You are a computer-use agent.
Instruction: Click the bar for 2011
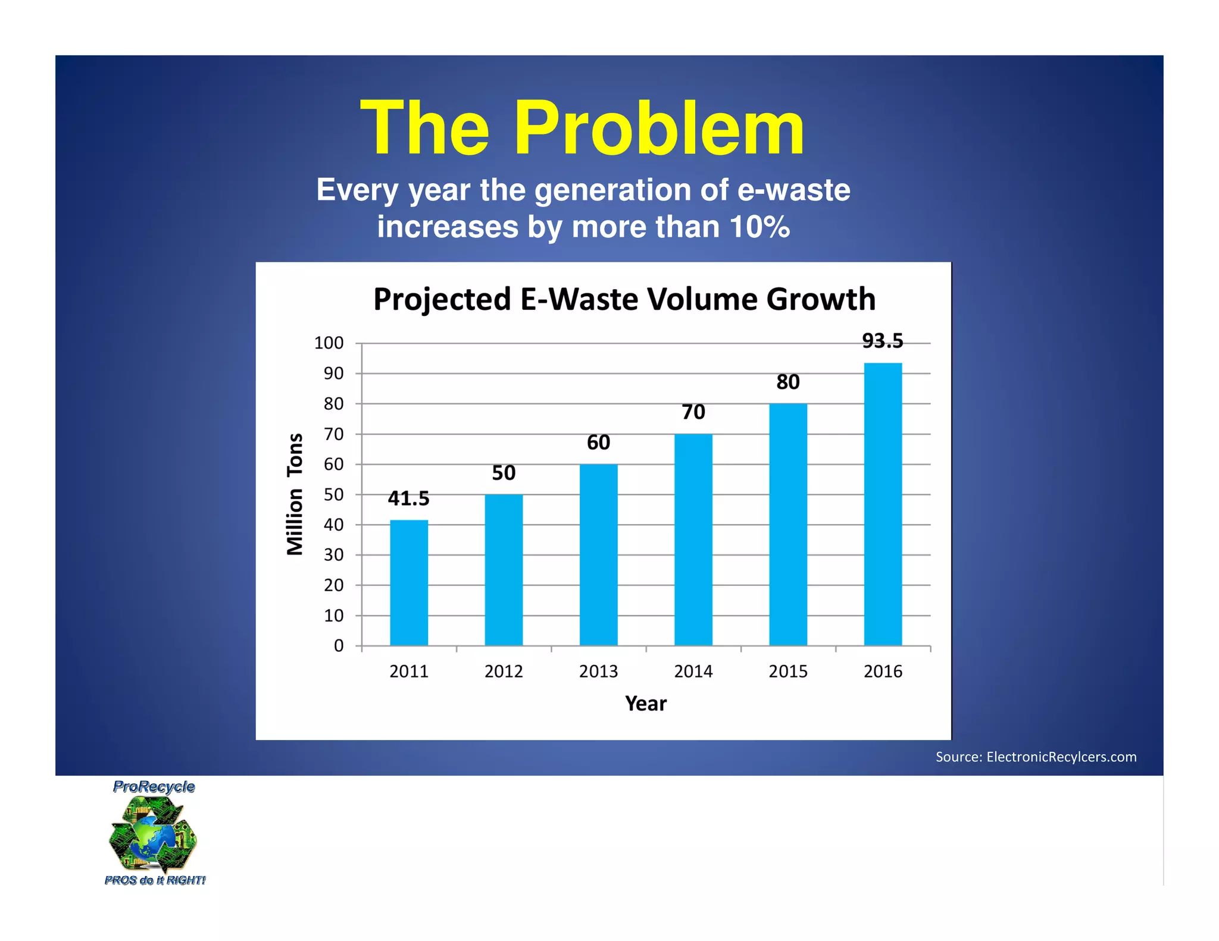tap(409, 582)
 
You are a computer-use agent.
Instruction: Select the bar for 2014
tap(693, 539)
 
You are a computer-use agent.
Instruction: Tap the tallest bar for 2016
tap(883, 504)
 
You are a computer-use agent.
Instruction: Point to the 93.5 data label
tap(883, 341)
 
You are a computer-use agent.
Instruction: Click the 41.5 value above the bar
tap(408, 498)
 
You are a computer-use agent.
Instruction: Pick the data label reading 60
tap(598, 443)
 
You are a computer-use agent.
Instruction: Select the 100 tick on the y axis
tap(329, 343)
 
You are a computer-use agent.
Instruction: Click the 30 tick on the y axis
tap(333, 555)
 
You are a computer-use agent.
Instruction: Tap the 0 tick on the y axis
tap(338, 646)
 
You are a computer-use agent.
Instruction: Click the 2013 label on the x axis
tap(598, 672)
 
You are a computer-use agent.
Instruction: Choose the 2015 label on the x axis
tap(788, 672)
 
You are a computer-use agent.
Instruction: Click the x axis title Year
tap(646, 704)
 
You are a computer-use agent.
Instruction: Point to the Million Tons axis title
tap(295, 494)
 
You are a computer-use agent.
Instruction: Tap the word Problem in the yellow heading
tap(659, 128)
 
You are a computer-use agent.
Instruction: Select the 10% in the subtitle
tap(759, 227)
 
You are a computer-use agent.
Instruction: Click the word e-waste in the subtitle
tap(793, 190)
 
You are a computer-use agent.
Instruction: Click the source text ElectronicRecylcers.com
tap(1061, 757)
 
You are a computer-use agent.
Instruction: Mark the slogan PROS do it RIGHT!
tap(155, 880)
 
